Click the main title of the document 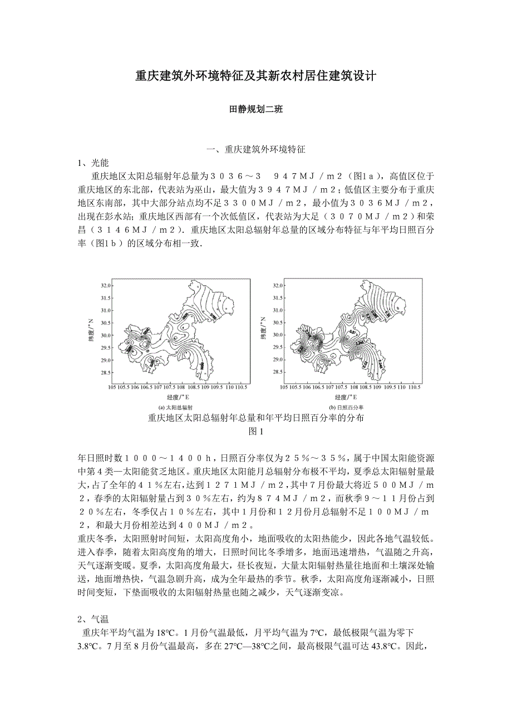(256, 76)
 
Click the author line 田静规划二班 (256, 110)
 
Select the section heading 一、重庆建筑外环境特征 (256, 149)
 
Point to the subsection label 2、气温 (93, 619)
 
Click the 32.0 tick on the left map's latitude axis (106, 286)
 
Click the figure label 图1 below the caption (255, 430)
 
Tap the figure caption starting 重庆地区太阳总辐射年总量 (256, 418)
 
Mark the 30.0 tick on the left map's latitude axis (106, 335)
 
